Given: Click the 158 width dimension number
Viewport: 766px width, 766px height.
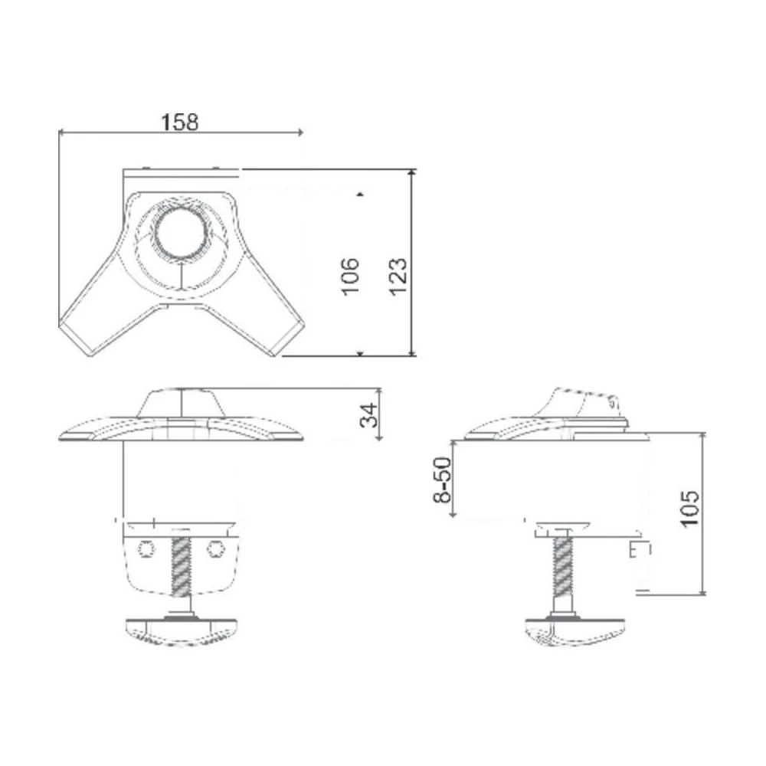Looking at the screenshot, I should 180,121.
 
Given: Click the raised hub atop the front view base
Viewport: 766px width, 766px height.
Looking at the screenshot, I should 181,403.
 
